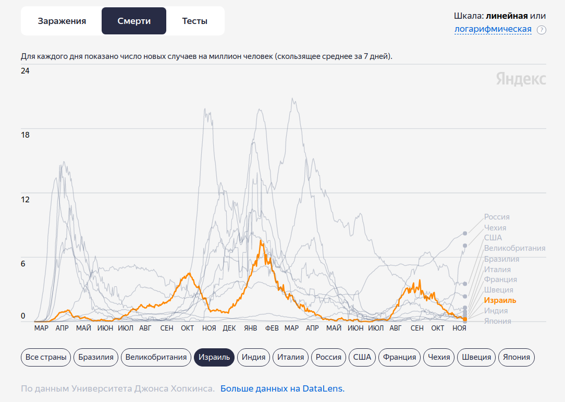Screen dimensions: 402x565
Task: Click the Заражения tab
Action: pyautogui.click(x=62, y=21)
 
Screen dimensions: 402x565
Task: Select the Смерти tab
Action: pyautogui.click(x=134, y=21)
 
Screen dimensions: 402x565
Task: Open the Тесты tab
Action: pyautogui.click(x=194, y=21)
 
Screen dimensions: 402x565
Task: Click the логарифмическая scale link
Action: pyautogui.click(x=493, y=29)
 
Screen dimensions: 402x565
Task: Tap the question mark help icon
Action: pyautogui.click(x=542, y=30)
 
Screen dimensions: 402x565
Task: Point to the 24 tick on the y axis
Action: pyautogui.click(x=25, y=71)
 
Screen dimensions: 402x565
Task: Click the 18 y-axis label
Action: pyautogui.click(x=25, y=135)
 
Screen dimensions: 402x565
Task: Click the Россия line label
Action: pyautogui.click(x=497, y=217)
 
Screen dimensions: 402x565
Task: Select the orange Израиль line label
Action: pyautogui.click(x=500, y=300)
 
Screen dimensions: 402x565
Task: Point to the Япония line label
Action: pyautogui.click(x=497, y=321)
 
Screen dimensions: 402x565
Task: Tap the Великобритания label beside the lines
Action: pyautogui.click(x=514, y=248)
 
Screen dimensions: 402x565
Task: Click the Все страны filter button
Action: pyautogui.click(x=46, y=357)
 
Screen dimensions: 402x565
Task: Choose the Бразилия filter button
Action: pyautogui.click(x=96, y=357)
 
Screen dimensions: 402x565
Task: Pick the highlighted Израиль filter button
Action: pyautogui.click(x=214, y=357)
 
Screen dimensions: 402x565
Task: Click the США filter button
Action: pyautogui.click(x=362, y=357)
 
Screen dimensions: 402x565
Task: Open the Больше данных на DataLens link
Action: pyautogui.click(x=282, y=388)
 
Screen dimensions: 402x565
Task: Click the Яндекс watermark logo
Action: pyautogui.click(x=521, y=79)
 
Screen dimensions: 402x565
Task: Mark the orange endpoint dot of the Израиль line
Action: pyautogui.click(x=465, y=319)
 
